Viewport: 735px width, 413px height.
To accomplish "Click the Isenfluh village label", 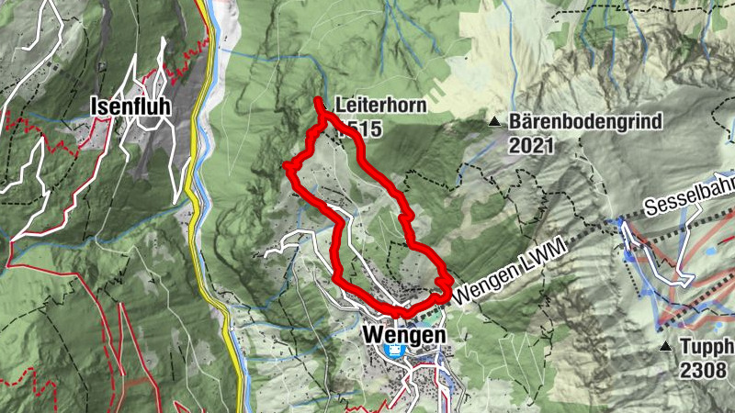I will click(x=130, y=106).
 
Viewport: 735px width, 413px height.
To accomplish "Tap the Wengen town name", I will click(x=404, y=335).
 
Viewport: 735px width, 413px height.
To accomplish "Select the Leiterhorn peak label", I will click(x=380, y=106).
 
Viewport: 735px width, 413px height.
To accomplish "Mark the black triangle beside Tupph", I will click(x=665, y=346).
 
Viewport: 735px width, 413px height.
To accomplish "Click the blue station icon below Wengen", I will click(x=395, y=352).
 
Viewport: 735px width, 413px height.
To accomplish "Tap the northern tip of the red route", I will click(x=318, y=100).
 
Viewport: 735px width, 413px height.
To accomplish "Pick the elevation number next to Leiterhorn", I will click(x=356, y=129).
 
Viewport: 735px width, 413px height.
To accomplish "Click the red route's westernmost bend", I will click(x=288, y=167).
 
